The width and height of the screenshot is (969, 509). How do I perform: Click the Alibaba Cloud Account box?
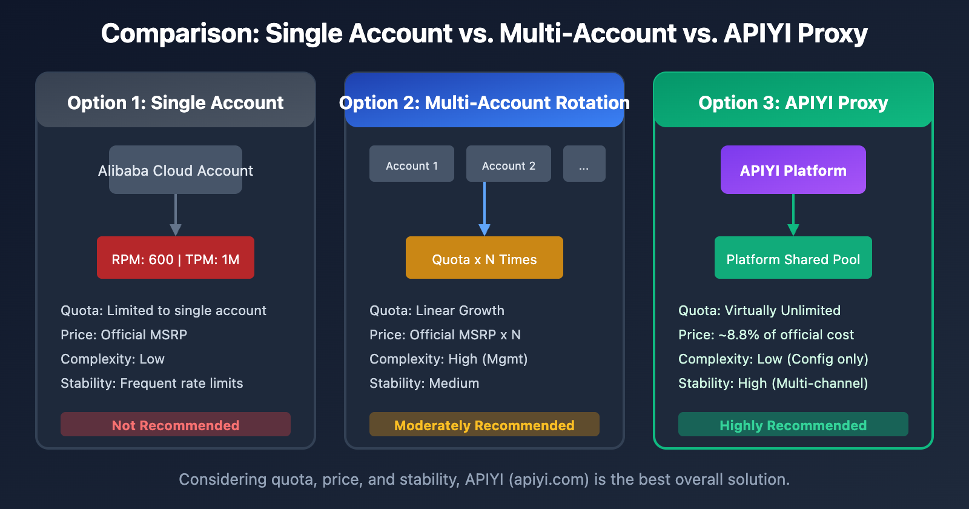176,170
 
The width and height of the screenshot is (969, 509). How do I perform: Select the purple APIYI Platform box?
793,170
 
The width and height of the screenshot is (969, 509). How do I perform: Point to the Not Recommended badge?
176,425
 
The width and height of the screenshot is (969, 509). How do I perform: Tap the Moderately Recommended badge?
484,425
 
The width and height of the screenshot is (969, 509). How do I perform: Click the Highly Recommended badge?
793,425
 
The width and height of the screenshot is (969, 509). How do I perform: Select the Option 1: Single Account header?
176,102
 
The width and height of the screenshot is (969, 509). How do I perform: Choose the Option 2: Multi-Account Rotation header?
484,102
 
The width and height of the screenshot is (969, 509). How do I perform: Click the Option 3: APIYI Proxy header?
793,102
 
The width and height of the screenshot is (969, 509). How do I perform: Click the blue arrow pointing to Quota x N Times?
484,212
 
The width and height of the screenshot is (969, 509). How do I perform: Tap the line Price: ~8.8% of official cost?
766,334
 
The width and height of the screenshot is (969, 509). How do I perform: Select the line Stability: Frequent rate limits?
151,383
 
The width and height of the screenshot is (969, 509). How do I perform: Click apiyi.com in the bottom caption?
549,479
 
